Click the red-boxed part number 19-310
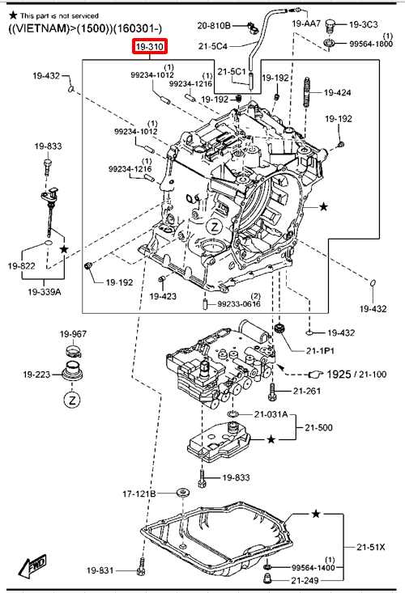tap(150, 47)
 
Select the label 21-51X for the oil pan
tap(371, 547)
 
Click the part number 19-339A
tap(45, 292)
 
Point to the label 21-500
tap(318, 428)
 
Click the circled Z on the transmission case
tap(215, 227)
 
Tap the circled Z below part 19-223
tap(72, 400)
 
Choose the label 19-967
tap(73, 334)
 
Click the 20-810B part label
tap(214, 25)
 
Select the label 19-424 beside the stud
tap(338, 92)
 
